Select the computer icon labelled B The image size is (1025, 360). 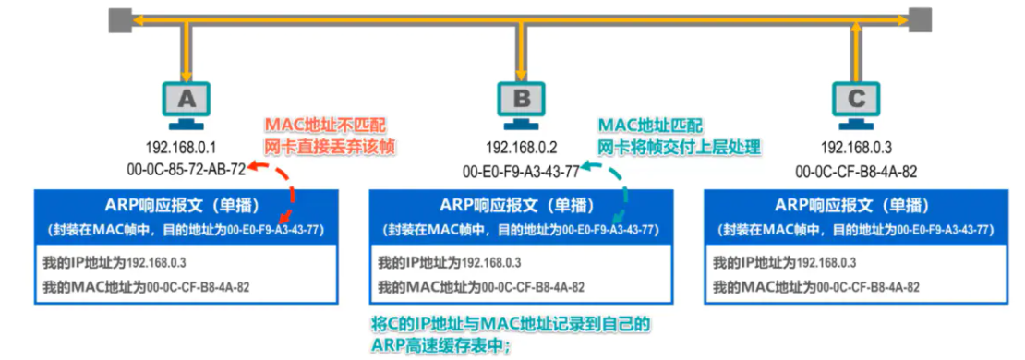pyautogui.click(x=522, y=100)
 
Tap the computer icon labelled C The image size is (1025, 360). pyautogui.click(x=856, y=100)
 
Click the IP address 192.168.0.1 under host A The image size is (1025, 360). pyautogui.click(x=180, y=148)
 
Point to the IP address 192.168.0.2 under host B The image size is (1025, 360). pyautogui.click(x=521, y=148)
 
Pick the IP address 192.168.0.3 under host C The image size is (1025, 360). pyautogui.click(x=855, y=148)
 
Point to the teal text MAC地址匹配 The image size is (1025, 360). pyautogui.click(x=650, y=125)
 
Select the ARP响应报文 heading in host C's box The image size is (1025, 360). pyautogui.click(x=853, y=205)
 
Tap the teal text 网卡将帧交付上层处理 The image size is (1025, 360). pyautogui.click(x=678, y=146)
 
